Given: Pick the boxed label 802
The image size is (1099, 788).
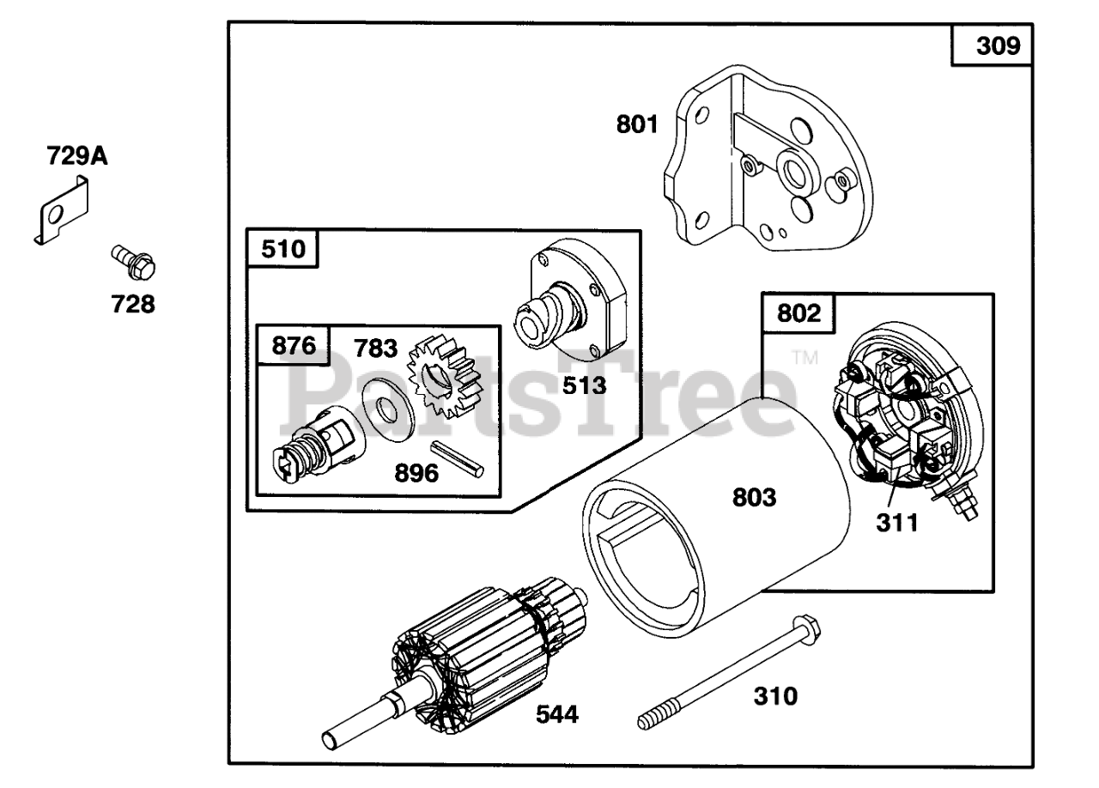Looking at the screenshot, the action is [798, 313].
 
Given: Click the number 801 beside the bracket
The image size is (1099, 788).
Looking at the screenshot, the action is [636, 124].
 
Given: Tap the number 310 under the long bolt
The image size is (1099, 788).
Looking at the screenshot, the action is [775, 695].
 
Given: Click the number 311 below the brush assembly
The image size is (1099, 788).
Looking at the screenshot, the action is [896, 521].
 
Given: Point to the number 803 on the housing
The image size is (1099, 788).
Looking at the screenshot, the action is [754, 497].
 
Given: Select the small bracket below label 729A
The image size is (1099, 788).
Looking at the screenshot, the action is [63, 211].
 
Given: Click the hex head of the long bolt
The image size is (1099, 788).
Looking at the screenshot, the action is [803, 624].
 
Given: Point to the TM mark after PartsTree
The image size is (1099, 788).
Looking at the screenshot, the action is [805, 357].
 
